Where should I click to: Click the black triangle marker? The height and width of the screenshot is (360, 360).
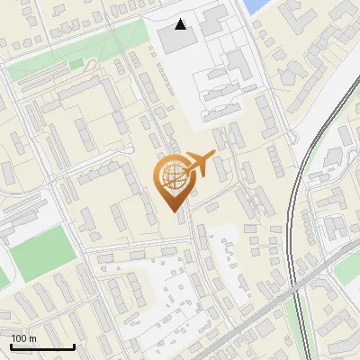(182, 24)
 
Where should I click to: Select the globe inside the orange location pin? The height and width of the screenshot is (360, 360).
(173, 175)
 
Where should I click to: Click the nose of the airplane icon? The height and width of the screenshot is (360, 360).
(214, 154)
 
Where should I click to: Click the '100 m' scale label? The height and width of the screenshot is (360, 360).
(23, 338)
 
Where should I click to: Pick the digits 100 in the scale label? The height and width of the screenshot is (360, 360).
(19, 338)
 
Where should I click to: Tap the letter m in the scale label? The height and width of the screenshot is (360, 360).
(32, 338)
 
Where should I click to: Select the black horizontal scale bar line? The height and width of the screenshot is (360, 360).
(42, 346)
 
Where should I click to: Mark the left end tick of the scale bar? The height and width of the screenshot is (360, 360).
(11, 345)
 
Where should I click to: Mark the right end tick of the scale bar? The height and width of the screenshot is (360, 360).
(74, 345)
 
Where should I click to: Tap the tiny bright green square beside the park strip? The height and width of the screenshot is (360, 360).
(76, 64)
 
